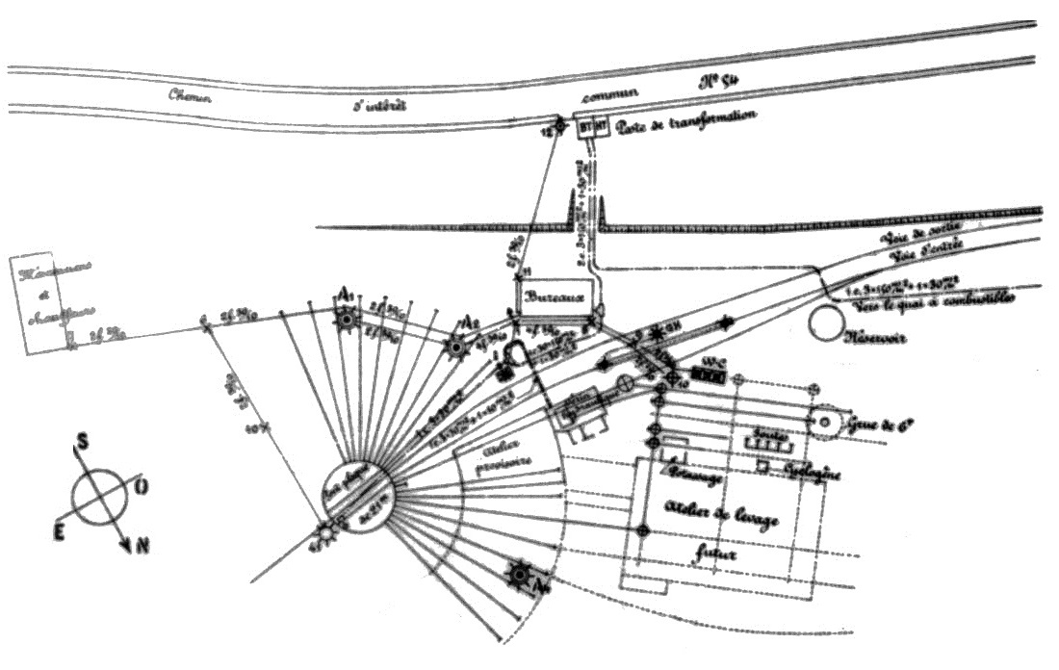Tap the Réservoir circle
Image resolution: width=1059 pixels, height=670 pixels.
pos(827,323)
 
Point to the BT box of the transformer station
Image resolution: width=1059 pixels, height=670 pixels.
pos(586,126)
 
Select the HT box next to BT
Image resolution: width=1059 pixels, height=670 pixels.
pos(600,126)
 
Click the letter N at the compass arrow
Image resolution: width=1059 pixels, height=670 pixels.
pos(142,547)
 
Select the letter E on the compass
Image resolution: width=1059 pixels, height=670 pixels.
pos(59,532)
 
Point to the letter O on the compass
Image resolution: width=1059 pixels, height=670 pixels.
pos(142,489)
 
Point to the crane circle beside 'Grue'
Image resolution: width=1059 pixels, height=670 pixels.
pos(826,421)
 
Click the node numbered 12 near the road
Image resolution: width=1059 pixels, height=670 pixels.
pos(559,126)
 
